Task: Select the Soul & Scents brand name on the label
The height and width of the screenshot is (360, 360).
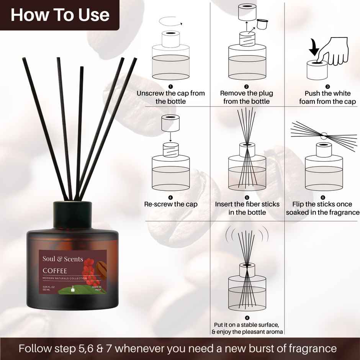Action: [x=62, y=259]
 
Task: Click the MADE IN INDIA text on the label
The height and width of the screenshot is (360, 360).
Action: [x=97, y=288]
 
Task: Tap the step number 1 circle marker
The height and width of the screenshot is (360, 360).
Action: [x=171, y=87]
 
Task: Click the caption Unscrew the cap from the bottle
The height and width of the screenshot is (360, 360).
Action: [x=171, y=97]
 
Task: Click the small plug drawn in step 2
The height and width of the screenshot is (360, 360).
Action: [x=262, y=25]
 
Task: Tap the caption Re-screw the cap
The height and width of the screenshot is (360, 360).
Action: [x=171, y=204]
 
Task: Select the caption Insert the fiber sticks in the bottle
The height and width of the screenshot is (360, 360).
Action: [x=247, y=208]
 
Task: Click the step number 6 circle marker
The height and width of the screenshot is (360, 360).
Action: [x=322, y=198]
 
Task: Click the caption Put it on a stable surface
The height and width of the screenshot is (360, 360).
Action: [x=247, y=325]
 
